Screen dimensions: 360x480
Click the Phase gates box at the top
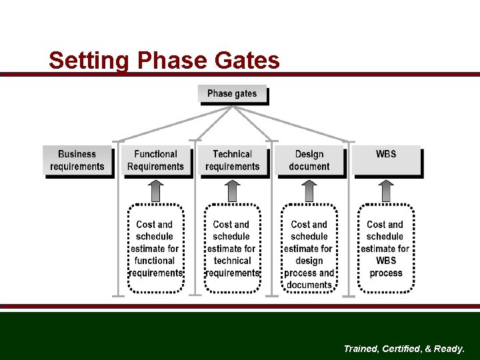[x=232, y=94]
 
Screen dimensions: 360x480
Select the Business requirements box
[x=77, y=161]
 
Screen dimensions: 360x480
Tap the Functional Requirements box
[x=155, y=161]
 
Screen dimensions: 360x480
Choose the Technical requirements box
[x=232, y=161]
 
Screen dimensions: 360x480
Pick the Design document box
[x=309, y=161]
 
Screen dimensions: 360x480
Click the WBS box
[x=386, y=161]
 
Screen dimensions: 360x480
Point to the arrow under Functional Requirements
[x=155, y=191]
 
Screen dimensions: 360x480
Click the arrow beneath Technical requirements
[x=232, y=191]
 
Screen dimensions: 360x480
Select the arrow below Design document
[x=309, y=191]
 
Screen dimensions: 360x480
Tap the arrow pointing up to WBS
[x=385, y=191]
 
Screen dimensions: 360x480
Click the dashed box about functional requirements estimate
[x=155, y=249]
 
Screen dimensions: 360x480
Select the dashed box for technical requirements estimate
[x=232, y=249]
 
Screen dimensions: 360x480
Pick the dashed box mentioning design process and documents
[x=309, y=249]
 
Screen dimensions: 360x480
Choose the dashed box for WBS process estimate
[x=385, y=249]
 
